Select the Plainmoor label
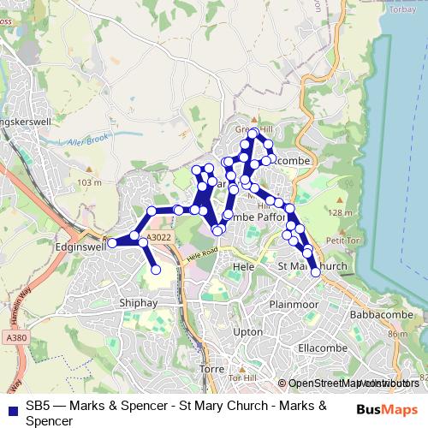click(293, 304)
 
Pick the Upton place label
click(247, 331)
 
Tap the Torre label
click(211, 368)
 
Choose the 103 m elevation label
click(88, 182)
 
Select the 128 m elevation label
click(339, 212)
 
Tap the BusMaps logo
click(387, 407)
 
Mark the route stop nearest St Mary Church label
click(316, 272)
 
